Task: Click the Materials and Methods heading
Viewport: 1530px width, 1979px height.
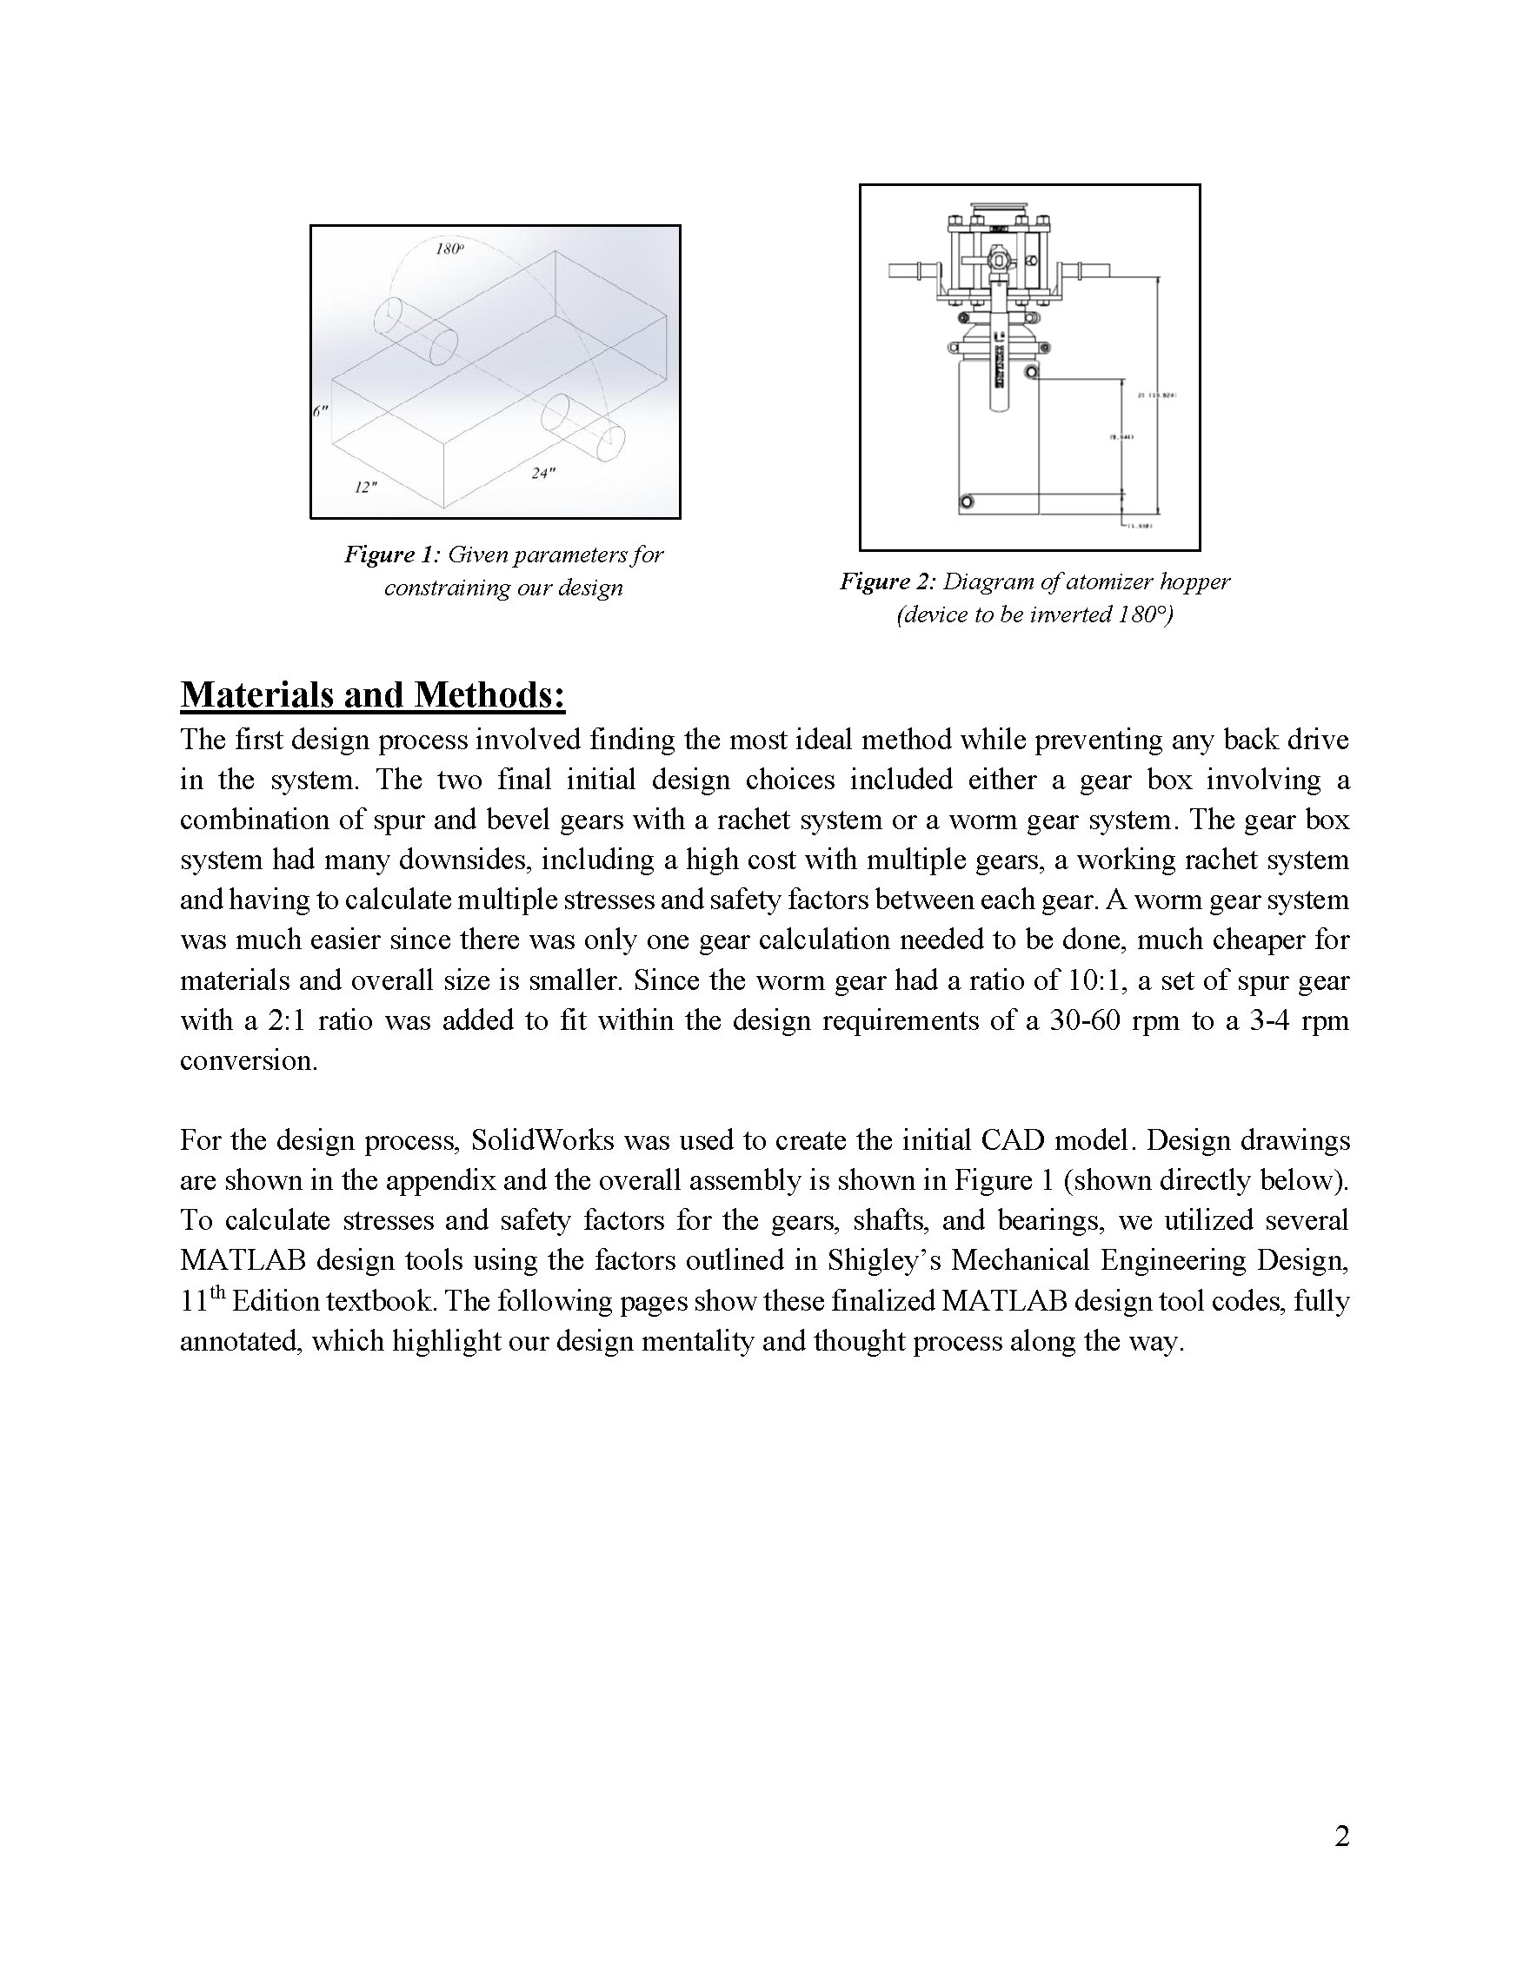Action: click(373, 695)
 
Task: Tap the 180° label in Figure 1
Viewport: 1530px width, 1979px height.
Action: click(449, 249)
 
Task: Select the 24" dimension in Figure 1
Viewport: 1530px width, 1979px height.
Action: click(543, 473)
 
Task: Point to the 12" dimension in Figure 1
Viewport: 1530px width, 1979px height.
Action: click(364, 488)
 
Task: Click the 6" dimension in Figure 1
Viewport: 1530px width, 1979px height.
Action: click(320, 411)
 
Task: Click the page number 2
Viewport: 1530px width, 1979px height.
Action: click(1341, 1836)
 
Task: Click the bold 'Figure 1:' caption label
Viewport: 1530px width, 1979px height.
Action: click(391, 555)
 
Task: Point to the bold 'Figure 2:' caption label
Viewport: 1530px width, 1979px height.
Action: click(887, 581)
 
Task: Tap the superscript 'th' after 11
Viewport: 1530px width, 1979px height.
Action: click(217, 1293)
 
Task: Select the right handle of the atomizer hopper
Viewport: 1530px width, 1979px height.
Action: click(1092, 269)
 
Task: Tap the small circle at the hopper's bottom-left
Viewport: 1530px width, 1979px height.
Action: click(968, 502)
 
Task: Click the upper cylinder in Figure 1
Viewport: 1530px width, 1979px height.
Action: click(416, 331)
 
